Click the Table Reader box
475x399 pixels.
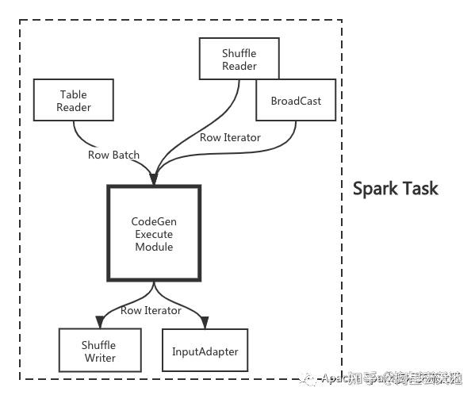pos(74,101)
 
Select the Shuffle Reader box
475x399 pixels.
pos(239,59)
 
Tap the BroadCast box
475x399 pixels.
pos(295,101)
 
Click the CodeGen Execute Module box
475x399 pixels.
pos(153,233)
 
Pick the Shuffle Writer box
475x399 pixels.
pos(98,351)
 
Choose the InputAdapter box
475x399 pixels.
pos(205,351)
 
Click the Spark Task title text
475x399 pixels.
pos(395,189)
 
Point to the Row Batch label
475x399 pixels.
pos(113,155)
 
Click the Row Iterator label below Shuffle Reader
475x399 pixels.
pos(230,137)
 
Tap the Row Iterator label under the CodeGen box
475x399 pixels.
pos(151,310)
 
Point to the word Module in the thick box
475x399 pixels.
pos(153,247)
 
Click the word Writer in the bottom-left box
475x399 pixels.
pos(98,358)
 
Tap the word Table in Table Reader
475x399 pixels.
pos(74,94)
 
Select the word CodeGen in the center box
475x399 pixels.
pos(153,221)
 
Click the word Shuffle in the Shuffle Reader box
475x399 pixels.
pos(239,53)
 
